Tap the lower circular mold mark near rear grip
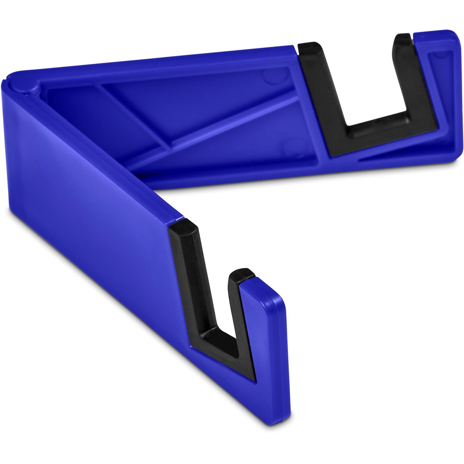[x=288, y=147]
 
